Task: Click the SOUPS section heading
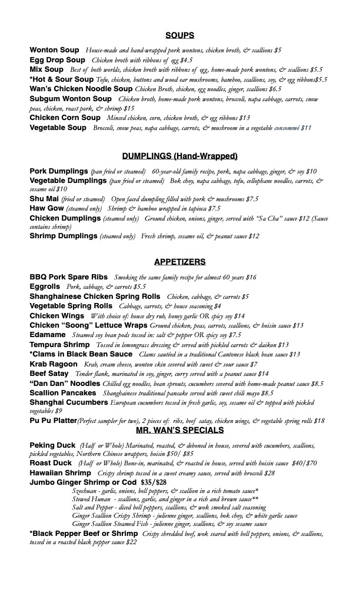pyautogui.click(x=180, y=35)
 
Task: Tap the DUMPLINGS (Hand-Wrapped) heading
pyautogui.click(x=180, y=156)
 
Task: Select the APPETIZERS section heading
pyautogui.click(x=180, y=262)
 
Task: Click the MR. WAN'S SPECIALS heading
pyautogui.click(x=180, y=430)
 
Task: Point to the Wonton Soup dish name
pyautogui.click(x=54, y=50)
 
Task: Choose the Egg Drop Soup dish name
pyautogui.click(x=58, y=59)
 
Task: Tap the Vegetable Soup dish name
pyautogui.click(x=58, y=127)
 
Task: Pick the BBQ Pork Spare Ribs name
pyautogui.click(x=69, y=277)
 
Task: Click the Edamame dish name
pyautogui.click(x=48, y=334)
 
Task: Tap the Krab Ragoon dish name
pyautogui.click(x=54, y=364)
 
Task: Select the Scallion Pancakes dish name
pyautogui.click(x=63, y=392)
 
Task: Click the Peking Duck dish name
pyautogui.click(x=52, y=445)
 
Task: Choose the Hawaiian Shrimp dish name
pyautogui.click(x=60, y=473)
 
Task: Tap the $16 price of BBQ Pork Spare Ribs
pyautogui.click(x=251, y=277)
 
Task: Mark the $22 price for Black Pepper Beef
pyautogui.click(x=131, y=542)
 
